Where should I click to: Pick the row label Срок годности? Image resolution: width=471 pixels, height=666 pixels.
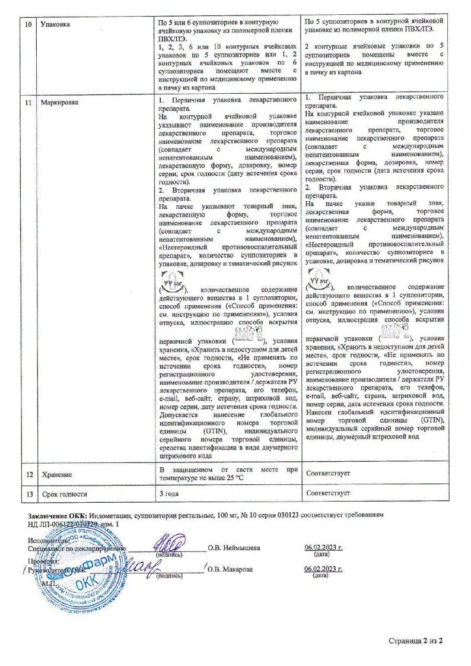[x=65, y=493]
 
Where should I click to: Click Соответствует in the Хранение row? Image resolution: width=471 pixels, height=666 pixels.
[x=328, y=473]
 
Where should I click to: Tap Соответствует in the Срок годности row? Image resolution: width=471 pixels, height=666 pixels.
[x=328, y=493]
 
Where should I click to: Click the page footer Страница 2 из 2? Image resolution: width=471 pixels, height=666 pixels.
[x=416, y=641]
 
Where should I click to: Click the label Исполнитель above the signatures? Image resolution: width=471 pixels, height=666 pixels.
[x=49, y=540]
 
